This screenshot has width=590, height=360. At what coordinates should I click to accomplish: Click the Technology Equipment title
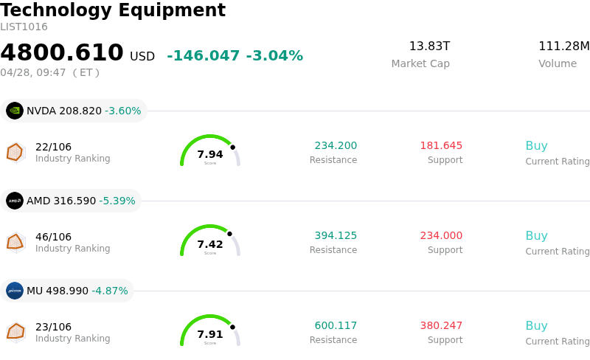tap(113, 10)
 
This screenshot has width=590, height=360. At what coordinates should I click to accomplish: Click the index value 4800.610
tap(62, 53)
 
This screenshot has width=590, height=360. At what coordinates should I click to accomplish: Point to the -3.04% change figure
tap(274, 56)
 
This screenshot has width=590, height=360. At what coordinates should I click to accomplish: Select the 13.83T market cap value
tap(429, 46)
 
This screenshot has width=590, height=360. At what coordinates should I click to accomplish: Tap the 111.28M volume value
tap(563, 46)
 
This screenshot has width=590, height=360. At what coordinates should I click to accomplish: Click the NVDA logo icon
tap(15, 111)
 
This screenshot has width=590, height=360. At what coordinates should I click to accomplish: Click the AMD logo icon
tap(15, 201)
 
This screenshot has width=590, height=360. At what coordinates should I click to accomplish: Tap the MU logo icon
tap(15, 291)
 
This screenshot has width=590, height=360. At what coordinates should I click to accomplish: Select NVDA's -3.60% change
tap(122, 111)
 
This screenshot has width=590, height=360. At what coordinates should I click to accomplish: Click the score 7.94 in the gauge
tap(210, 154)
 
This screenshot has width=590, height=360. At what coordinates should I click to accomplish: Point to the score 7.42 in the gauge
tap(210, 244)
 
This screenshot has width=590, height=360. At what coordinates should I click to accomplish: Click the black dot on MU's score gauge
tap(232, 327)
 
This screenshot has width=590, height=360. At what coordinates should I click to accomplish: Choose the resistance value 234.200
tap(336, 145)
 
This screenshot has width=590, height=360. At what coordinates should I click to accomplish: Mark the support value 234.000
tap(441, 235)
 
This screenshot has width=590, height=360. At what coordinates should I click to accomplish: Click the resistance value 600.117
tap(336, 325)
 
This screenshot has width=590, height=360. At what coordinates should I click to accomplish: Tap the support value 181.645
tap(441, 145)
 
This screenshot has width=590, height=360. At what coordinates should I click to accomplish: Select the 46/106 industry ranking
tap(53, 237)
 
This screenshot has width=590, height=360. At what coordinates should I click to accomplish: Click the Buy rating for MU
tap(536, 325)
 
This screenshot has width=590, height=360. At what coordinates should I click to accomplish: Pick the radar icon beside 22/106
tap(15, 152)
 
